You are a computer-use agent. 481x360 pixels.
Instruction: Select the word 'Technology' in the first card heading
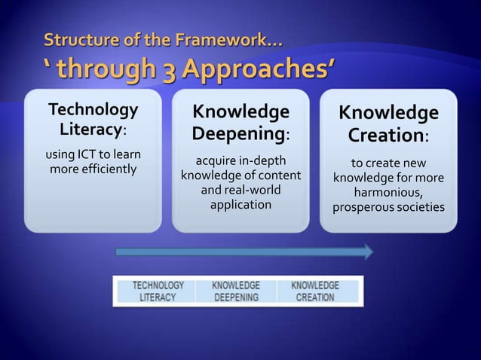click(93, 110)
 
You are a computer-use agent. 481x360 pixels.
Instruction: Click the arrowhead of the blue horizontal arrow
click(368, 252)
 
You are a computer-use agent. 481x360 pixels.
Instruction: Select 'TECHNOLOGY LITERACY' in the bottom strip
click(158, 291)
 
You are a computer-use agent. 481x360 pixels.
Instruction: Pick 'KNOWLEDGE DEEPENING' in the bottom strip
click(236, 291)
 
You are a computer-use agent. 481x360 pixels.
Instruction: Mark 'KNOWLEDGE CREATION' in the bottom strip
click(314, 291)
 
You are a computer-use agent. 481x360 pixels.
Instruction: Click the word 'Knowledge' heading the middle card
click(240, 112)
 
